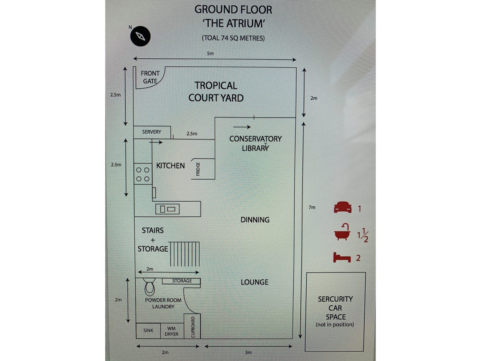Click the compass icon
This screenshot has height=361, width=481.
click(140, 36)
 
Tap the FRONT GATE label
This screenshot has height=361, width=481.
click(150, 77)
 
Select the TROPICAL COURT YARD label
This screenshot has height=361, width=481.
click(216, 92)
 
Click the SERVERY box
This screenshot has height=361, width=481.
click(152, 132)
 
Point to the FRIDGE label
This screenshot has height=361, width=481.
click(198, 169)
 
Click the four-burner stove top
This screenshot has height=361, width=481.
click(143, 174)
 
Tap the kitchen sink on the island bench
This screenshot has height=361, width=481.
click(167, 209)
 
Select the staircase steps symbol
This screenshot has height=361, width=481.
click(184, 253)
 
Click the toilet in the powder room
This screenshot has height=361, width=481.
click(149, 287)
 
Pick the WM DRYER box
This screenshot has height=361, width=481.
click(171, 331)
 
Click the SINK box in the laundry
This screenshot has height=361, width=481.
click(148, 331)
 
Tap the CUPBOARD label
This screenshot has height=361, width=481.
click(193, 327)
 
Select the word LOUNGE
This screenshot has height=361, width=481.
click(254, 282)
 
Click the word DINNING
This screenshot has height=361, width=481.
click(255, 220)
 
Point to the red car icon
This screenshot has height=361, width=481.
click(343, 208)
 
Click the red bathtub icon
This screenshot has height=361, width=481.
click(342, 232)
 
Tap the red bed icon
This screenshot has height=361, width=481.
click(342, 258)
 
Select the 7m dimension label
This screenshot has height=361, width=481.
click(312, 207)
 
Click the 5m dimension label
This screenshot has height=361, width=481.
click(210, 54)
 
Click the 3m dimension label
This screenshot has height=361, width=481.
click(248, 352)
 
